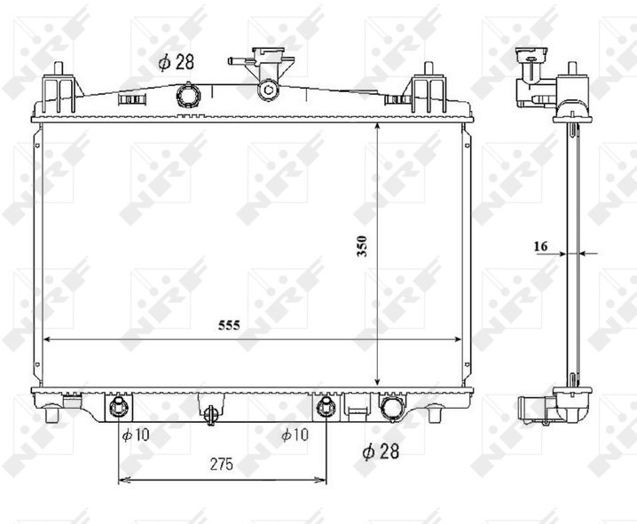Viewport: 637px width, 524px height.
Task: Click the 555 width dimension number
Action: pyautogui.click(x=229, y=325)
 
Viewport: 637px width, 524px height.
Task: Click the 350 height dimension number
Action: pyautogui.click(x=362, y=246)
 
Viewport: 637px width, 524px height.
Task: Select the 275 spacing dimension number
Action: pyautogui.click(x=222, y=464)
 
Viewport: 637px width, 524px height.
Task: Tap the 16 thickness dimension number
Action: pyautogui.click(x=540, y=246)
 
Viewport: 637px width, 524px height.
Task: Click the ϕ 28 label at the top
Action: pyautogui.click(x=177, y=62)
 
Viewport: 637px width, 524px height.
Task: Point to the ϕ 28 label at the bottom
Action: pyautogui.click(x=381, y=451)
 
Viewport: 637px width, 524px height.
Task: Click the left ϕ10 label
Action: pyautogui.click(x=136, y=435)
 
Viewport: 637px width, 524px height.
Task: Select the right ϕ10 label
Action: pyautogui.click(x=295, y=435)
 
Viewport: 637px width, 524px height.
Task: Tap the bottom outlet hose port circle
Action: pyautogui.click(x=392, y=407)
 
